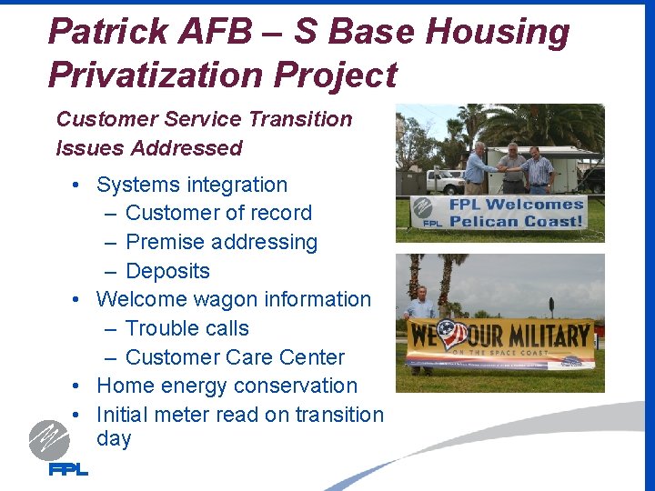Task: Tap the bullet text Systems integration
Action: pos(192,185)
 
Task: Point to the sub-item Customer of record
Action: pos(218,213)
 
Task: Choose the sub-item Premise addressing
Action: pos(221,242)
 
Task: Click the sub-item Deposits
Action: pos(167,271)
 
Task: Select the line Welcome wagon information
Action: pos(234,299)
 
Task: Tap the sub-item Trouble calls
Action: pos(186,328)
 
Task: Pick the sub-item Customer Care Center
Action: pos(235,357)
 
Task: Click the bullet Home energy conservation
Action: pos(227,386)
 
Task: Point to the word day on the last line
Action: pos(114,438)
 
